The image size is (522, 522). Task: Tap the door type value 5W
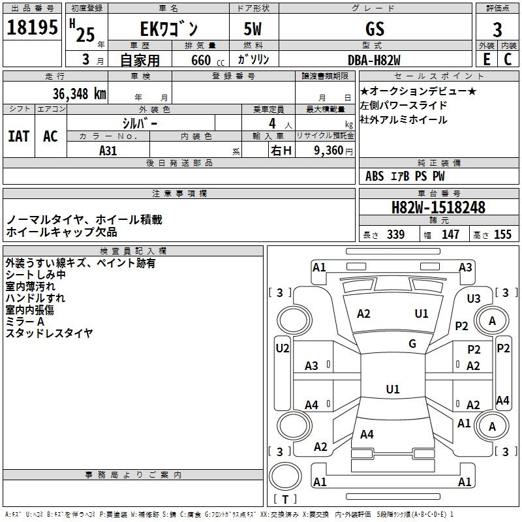(x=254, y=29)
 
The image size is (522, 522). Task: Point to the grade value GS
(x=375, y=29)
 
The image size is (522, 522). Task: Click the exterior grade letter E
(x=486, y=59)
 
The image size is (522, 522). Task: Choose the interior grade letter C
(x=508, y=59)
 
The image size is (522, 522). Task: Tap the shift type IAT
(x=18, y=136)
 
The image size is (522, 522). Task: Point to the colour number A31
(x=108, y=150)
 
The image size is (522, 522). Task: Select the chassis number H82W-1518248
(x=438, y=207)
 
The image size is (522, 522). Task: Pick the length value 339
(x=395, y=235)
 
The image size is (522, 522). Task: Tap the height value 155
(x=502, y=235)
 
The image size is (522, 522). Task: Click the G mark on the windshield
(x=412, y=344)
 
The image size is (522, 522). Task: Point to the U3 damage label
(x=474, y=299)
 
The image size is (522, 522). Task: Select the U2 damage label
(x=283, y=348)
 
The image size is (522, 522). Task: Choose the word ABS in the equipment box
(x=375, y=176)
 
